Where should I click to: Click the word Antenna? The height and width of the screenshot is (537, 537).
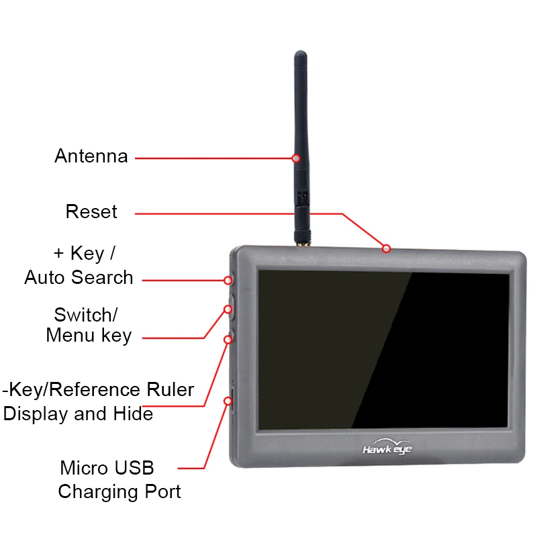pyautogui.click(x=91, y=156)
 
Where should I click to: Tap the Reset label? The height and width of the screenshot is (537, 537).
pyautogui.click(x=91, y=212)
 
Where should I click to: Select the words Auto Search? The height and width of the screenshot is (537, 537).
pyautogui.click(x=79, y=277)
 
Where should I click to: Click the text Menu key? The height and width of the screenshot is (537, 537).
pyautogui.click(x=89, y=335)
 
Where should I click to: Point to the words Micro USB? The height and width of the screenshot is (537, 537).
pyautogui.click(x=107, y=467)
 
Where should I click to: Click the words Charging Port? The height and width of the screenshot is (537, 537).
pyautogui.click(x=119, y=491)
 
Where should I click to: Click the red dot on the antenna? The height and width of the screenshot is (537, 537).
pyautogui.click(x=296, y=158)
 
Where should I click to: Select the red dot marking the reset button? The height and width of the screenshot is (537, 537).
pyautogui.click(x=386, y=249)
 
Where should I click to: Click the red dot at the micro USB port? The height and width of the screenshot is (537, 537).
pyautogui.click(x=229, y=401)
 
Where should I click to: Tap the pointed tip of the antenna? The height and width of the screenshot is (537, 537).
pyautogui.click(x=301, y=54)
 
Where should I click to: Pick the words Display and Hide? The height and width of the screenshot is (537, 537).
pyautogui.click(x=78, y=413)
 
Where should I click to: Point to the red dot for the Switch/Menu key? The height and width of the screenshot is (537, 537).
pyautogui.click(x=228, y=309)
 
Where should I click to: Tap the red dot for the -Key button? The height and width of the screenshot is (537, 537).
pyautogui.click(x=228, y=340)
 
